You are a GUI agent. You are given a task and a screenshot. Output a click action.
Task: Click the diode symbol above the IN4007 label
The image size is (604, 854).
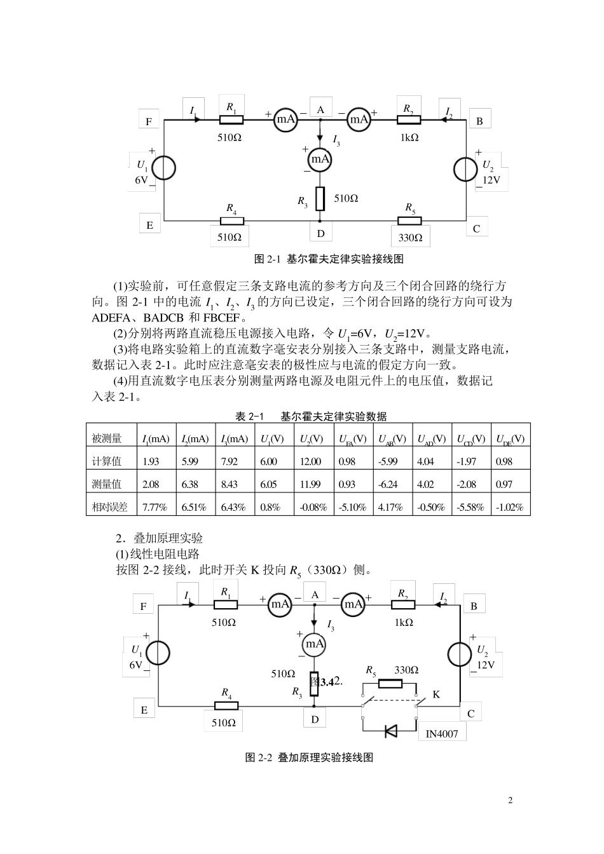click(391, 731)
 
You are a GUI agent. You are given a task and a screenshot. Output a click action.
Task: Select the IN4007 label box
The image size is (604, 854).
click(441, 734)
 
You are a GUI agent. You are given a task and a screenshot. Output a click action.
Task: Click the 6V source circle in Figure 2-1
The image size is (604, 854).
click(164, 168)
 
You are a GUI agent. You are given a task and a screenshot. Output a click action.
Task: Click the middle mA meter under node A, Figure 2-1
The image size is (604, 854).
click(320, 158)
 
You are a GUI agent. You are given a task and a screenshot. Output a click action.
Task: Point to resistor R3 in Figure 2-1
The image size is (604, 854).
click(320, 198)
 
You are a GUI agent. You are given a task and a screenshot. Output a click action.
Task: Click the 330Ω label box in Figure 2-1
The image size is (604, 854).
click(410, 238)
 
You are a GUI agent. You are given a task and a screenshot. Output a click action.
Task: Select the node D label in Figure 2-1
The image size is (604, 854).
click(320, 233)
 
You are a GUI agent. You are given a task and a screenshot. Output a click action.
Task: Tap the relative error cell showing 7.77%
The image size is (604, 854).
click(154, 507)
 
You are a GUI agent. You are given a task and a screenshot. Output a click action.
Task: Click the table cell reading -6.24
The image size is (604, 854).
click(388, 484)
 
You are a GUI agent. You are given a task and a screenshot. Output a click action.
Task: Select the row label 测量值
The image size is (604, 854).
click(107, 484)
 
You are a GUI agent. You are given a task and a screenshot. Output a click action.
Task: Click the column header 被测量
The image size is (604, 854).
click(107, 438)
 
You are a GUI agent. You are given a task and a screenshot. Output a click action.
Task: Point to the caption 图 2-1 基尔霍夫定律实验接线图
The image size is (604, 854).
click(329, 259)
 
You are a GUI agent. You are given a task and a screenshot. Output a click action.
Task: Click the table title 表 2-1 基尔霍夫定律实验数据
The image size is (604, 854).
click(311, 416)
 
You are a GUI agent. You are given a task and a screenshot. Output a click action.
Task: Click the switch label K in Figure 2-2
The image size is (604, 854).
click(436, 695)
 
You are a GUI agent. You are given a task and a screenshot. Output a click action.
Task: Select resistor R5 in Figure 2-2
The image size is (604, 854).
click(390, 684)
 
